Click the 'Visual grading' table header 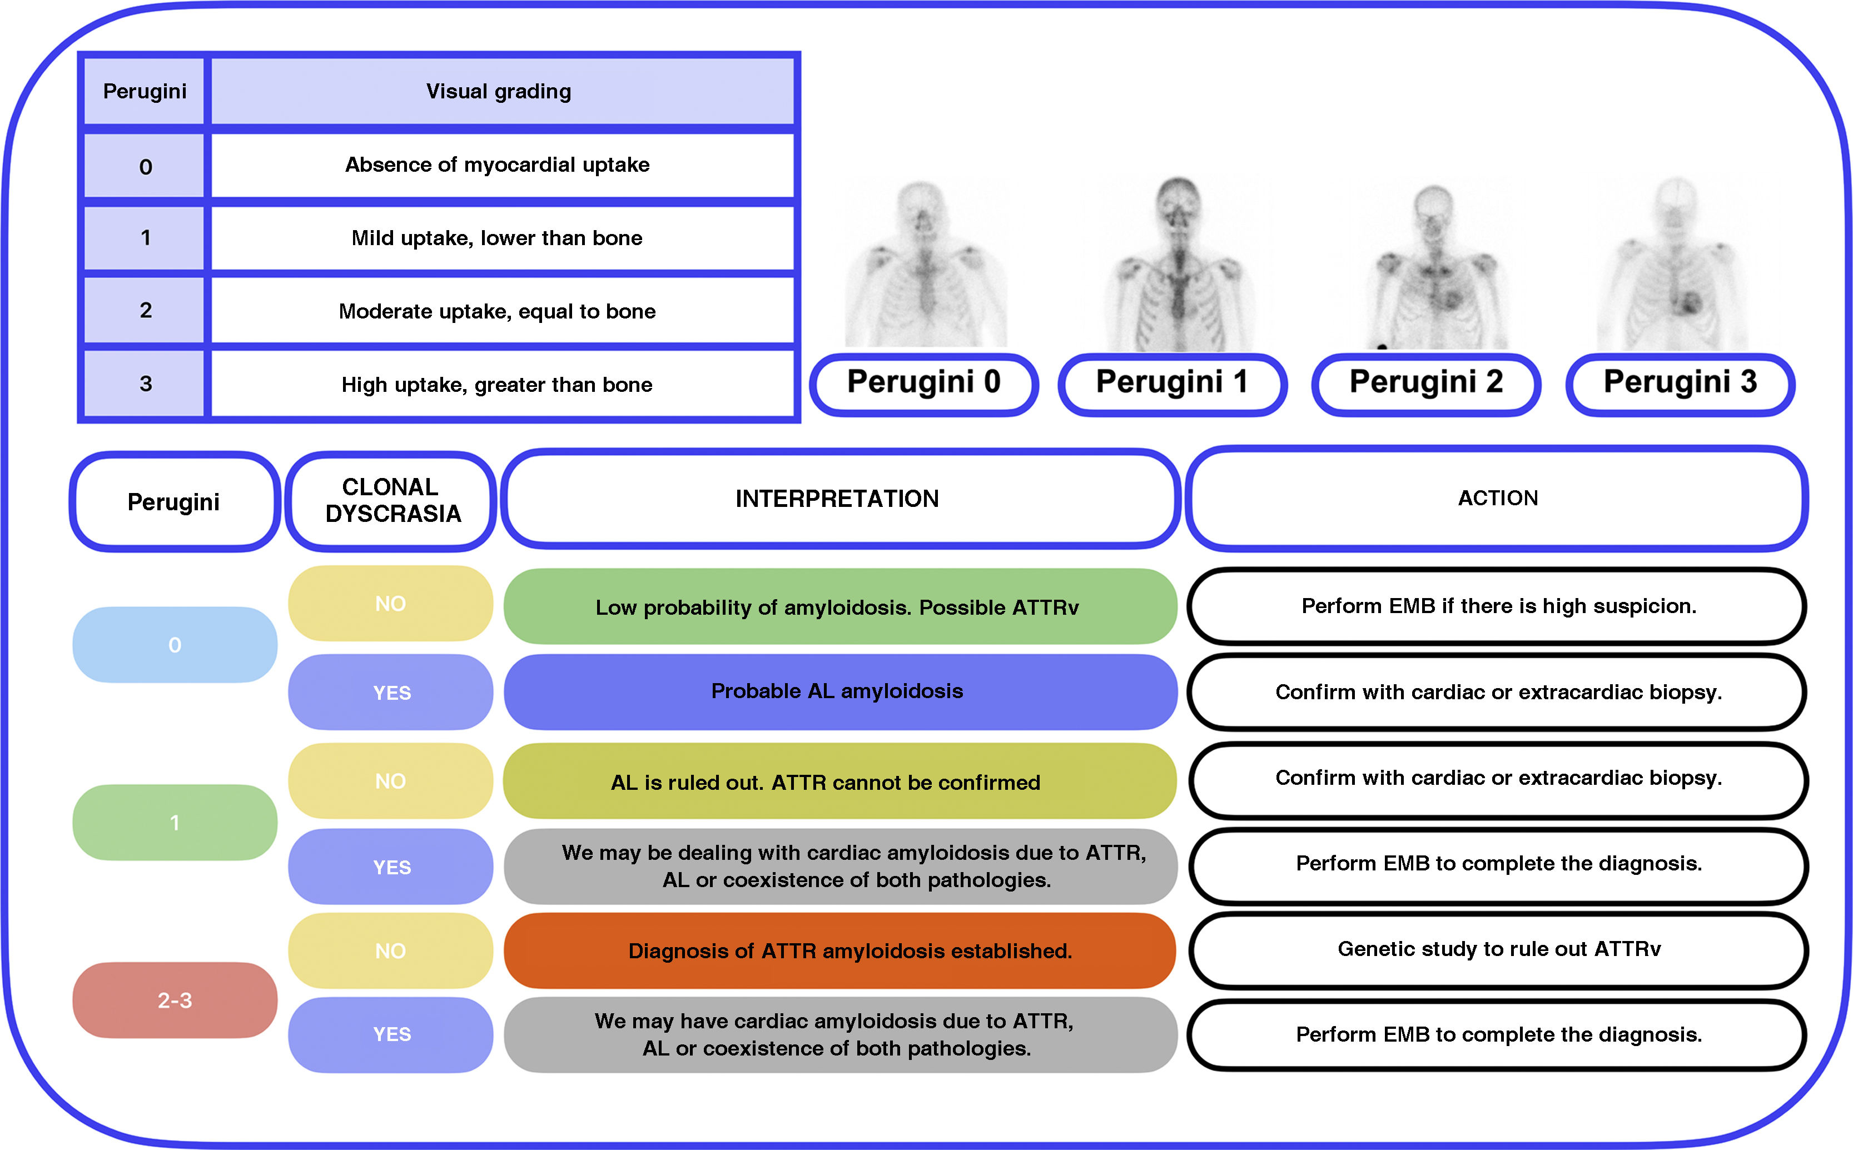point(499,91)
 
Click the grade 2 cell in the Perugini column point(145,310)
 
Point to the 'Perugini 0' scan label point(923,382)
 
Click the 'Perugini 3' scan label point(1680,382)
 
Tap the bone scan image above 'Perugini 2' point(1434,266)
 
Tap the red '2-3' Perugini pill point(175,1000)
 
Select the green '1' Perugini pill point(175,822)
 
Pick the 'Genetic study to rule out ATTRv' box point(1498,949)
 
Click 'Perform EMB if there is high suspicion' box point(1498,606)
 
